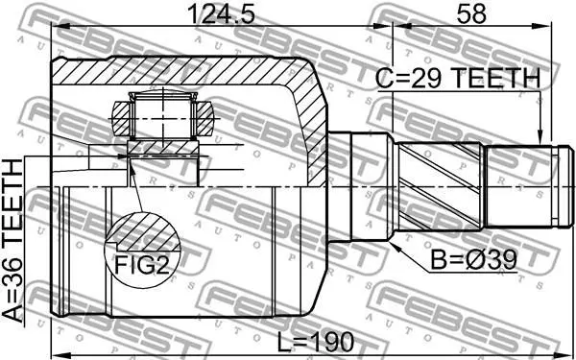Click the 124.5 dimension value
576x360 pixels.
click(x=221, y=14)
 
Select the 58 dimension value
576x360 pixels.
click(x=471, y=14)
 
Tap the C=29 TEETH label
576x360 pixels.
click(x=459, y=79)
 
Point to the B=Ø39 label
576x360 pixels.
click(x=474, y=260)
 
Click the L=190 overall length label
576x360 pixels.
click(x=315, y=341)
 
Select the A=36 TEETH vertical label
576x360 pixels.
click(x=12, y=241)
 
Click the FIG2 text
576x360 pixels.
click(x=142, y=265)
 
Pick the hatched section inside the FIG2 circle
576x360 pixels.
click(x=145, y=232)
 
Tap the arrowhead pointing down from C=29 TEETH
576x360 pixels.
click(x=540, y=138)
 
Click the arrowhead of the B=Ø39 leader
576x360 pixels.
click(x=395, y=247)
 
